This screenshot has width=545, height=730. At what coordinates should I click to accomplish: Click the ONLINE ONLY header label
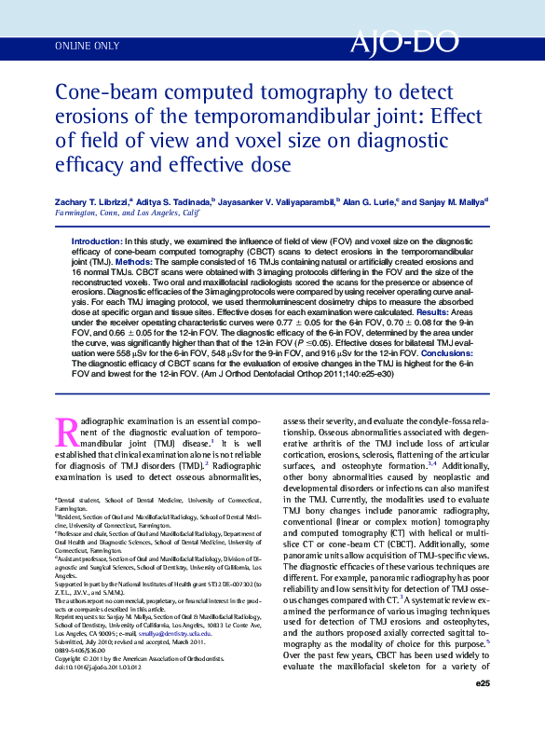88,45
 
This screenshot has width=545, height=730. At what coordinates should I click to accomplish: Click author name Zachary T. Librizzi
91,201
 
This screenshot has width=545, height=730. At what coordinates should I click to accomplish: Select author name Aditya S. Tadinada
177,201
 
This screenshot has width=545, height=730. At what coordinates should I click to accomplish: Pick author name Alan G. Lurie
370,201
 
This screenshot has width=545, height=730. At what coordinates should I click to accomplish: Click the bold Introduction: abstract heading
96,241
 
